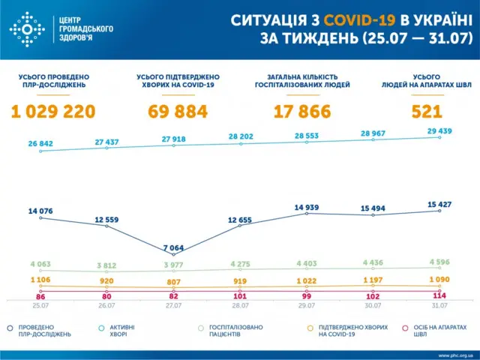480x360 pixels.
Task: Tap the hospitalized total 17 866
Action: (x=302, y=112)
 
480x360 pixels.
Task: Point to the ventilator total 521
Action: (x=426, y=112)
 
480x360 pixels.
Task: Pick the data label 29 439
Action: (x=439, y=130)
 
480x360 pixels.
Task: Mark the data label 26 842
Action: (x=40, y=143)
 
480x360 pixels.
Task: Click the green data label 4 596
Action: (x=439, y=261)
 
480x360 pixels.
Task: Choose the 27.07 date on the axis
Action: (x=173, y=306)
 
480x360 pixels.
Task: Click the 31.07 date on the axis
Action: (x=439, y=306)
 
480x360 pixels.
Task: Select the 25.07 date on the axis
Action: (x=40, y=306)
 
